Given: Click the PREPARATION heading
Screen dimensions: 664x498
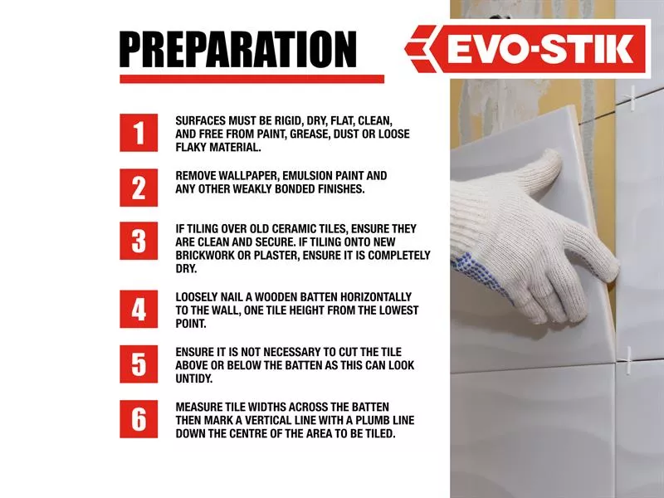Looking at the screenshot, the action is click(238, 50).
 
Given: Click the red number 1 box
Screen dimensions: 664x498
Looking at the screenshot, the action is click(139, 133).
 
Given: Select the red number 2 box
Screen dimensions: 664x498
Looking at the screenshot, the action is click(139, 188).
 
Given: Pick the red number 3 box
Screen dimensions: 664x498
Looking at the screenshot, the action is click(139, 241).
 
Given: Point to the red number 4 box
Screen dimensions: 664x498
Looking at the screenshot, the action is click(139, 309).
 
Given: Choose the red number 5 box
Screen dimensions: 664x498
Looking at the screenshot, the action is click(139, 364).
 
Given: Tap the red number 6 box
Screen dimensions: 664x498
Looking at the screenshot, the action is click(139, 419).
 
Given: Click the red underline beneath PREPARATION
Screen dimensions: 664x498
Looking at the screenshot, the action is click(252, 79).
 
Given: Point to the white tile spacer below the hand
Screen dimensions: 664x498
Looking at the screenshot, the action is click(628, 359).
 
